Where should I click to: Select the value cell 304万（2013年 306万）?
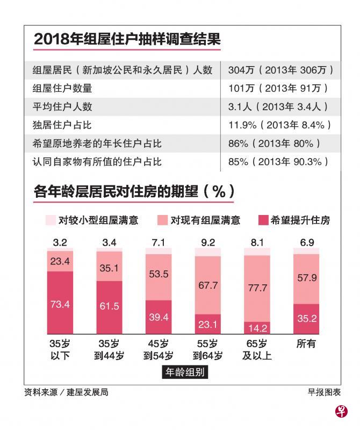coord(281,70)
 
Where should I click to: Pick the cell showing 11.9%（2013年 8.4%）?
coord(279,125)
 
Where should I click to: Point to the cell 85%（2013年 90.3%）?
coord(279,161)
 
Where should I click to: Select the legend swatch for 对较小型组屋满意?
coord(51,220)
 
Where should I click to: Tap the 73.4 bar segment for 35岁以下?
coord(60,303)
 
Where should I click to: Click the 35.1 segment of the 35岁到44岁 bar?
coord(109,268)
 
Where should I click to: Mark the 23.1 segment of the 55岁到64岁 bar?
coord(207,324)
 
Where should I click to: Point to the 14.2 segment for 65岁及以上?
coord(257,328)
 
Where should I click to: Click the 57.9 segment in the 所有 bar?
coord(306,278)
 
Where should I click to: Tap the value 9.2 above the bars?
coord(208,243)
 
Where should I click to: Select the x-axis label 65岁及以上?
coord(257,349)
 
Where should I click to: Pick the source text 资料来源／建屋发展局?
coord(66,392)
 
